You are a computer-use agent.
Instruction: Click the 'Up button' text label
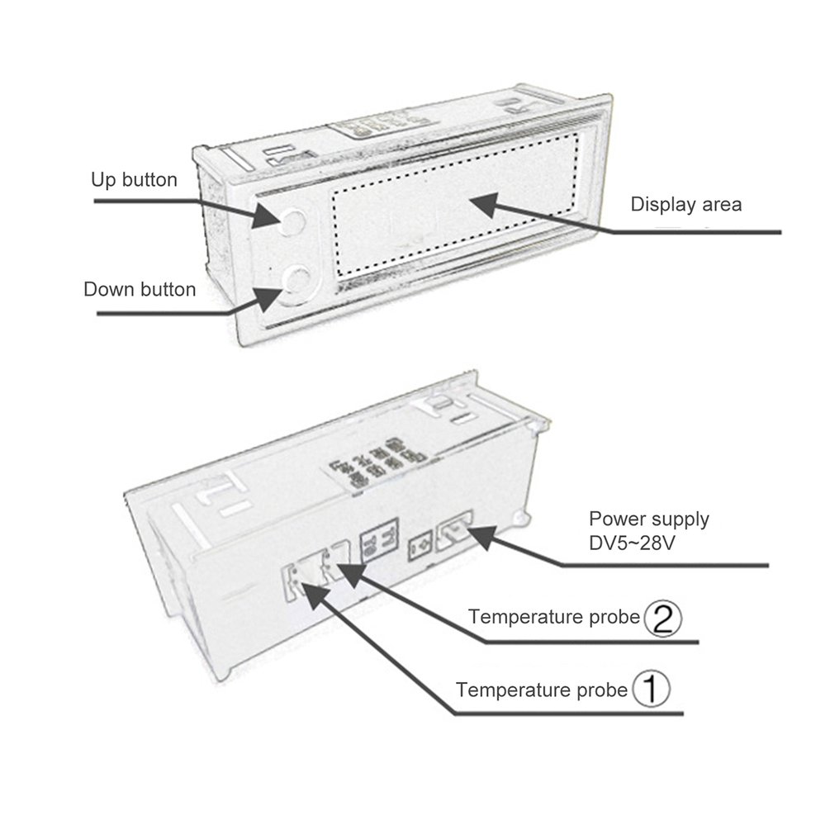[x=134, y=180]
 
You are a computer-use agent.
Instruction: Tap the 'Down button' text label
[x=140, y=290]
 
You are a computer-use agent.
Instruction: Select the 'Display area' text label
[x=686, y=204]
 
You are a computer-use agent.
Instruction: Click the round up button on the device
[x=292, y=221]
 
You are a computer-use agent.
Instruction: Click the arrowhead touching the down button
[x=269, y=299]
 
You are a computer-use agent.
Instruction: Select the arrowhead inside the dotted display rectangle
[x=484, y=206]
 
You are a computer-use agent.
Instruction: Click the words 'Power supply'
[x=649, y=519]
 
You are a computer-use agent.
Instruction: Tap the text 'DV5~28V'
[x=632, y=543]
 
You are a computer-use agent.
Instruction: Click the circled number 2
[x=662, y=619]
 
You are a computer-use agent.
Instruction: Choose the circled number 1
[x=651, y=689]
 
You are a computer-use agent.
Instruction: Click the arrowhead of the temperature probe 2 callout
[x=352, y=575]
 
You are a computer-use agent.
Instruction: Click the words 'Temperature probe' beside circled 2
[x=554, y=617]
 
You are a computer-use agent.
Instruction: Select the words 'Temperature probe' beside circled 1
[x=542, y=690]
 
